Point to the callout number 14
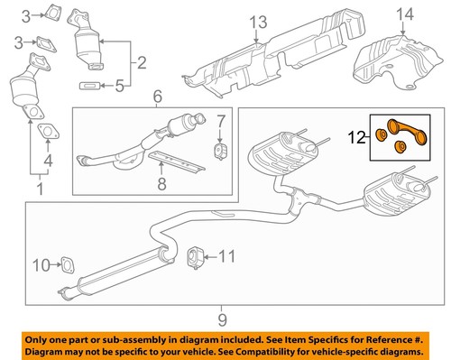point(401,15)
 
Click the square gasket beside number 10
point(65,264)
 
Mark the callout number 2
point(140,63)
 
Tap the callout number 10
point(41,264)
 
